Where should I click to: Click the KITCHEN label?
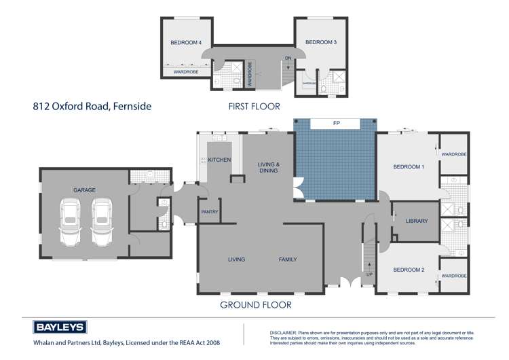tap(219, 160)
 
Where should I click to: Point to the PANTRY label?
tap(210, 212)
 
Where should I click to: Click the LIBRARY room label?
tap(416, 221)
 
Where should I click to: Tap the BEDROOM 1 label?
tap(409, 166)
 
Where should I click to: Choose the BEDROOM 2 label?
tap(409, 270)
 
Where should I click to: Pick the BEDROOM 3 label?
tap(320, 42)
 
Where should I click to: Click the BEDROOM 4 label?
tap(186, 43)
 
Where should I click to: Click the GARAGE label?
tap(84, 190)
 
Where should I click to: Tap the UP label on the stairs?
tap(369, 274)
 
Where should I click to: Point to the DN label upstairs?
tap(288, 58)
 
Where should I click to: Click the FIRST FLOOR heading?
tap(254, 107)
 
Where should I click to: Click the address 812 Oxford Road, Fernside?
tap(92, 107)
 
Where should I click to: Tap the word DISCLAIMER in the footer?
tap(285, 325)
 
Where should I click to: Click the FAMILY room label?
tap(287, 259)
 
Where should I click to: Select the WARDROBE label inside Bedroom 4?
tap(185, 71)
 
